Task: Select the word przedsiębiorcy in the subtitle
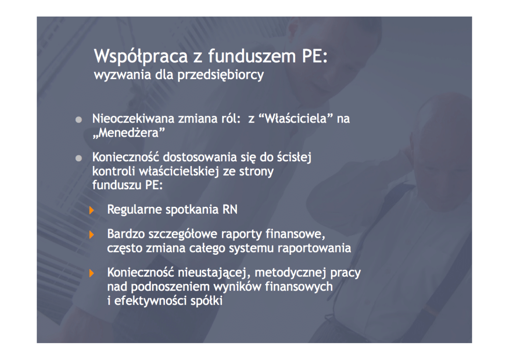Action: click(221, 75)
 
